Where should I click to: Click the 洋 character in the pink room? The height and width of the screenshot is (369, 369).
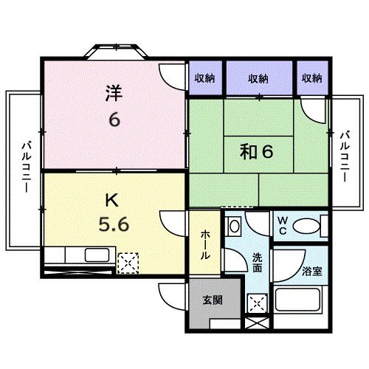pos(113,94)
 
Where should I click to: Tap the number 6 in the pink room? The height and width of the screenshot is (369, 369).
pos(114,120)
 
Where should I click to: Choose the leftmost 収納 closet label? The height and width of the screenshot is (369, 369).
pos(206,78)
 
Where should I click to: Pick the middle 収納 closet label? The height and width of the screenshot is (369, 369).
pos(258,78)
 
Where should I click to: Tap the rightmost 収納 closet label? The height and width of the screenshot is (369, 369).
pos(311,78)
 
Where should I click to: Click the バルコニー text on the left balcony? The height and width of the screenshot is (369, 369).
pos(24,168)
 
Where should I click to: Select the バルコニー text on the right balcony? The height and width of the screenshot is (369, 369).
pos(345,157)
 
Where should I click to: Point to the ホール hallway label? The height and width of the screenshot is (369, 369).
pos(205,243)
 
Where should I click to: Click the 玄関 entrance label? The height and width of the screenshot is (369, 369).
pos(212,300)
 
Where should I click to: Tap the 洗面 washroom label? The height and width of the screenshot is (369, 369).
pos(257,263)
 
